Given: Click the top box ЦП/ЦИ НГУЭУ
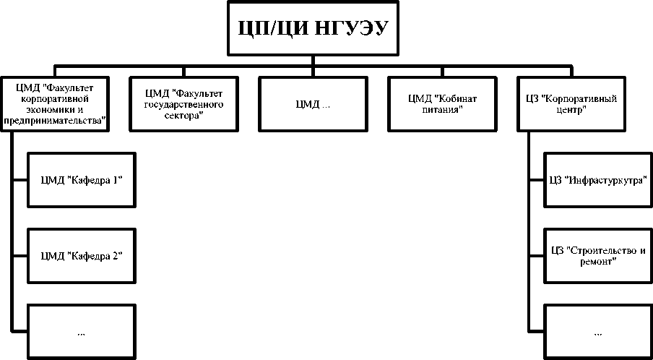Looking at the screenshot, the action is pyautogui.click(x=313, y=28).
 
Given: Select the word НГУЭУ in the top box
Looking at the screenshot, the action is pyautogui.click(x=350, y=29).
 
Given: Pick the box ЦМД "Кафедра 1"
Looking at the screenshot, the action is pyautogui.click(x=81, y=179).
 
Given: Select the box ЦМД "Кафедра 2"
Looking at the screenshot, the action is pyautogui.click(x=81, y=255).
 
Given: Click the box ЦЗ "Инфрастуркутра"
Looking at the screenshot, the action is pyautogui.click(x=597, y=179).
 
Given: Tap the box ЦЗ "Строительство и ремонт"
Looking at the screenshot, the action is pyautogui.click(x=597, y=255).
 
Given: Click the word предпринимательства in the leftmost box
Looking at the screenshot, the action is pyautogui.click(x=56, y=120).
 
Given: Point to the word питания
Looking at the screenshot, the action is pyautogui.click(x=442, y=109).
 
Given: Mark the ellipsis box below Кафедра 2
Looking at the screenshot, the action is pyautogui.click(x=81, y=332).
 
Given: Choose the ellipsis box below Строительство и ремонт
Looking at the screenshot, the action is pyautogui.click(x=597, y=332).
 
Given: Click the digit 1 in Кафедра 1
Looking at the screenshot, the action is pyautogui.click(x=117, y=179).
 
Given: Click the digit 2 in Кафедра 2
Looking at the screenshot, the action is pyautogui.click(x=117, y=255).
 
